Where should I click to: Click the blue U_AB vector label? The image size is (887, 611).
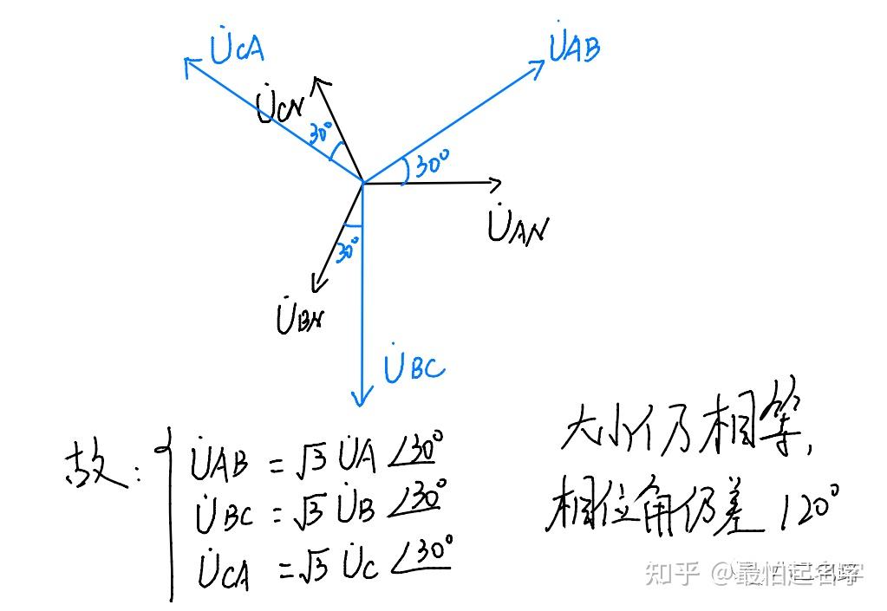click(574, 48)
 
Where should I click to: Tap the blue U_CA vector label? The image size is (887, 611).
click(236, 49)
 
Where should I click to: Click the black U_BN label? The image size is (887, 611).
click(300, 317)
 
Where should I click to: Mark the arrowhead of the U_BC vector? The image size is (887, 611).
click(362, 400)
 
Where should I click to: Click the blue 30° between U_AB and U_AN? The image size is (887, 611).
click(431, 164)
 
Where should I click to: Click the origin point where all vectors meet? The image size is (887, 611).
click(362, 183)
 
